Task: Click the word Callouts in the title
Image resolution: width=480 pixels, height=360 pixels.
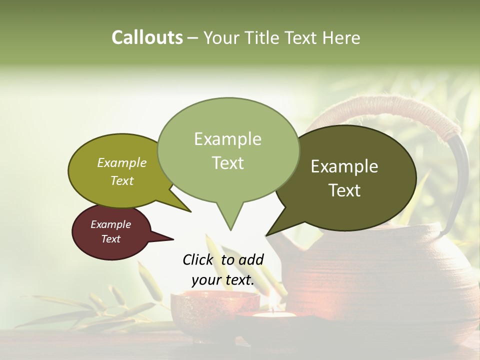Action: [147, 37]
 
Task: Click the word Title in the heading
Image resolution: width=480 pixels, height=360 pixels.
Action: [264, 37]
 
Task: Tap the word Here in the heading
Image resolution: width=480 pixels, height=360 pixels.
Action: [341, 37]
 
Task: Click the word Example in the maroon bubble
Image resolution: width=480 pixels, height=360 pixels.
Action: [110, 224]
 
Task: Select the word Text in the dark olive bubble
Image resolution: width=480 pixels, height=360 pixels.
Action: [345, 190]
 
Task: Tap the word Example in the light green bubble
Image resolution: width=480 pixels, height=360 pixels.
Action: [228, 139]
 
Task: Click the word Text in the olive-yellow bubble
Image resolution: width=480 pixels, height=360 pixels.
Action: [121, 180]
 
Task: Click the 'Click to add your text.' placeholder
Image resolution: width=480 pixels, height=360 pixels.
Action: [223, 270]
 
